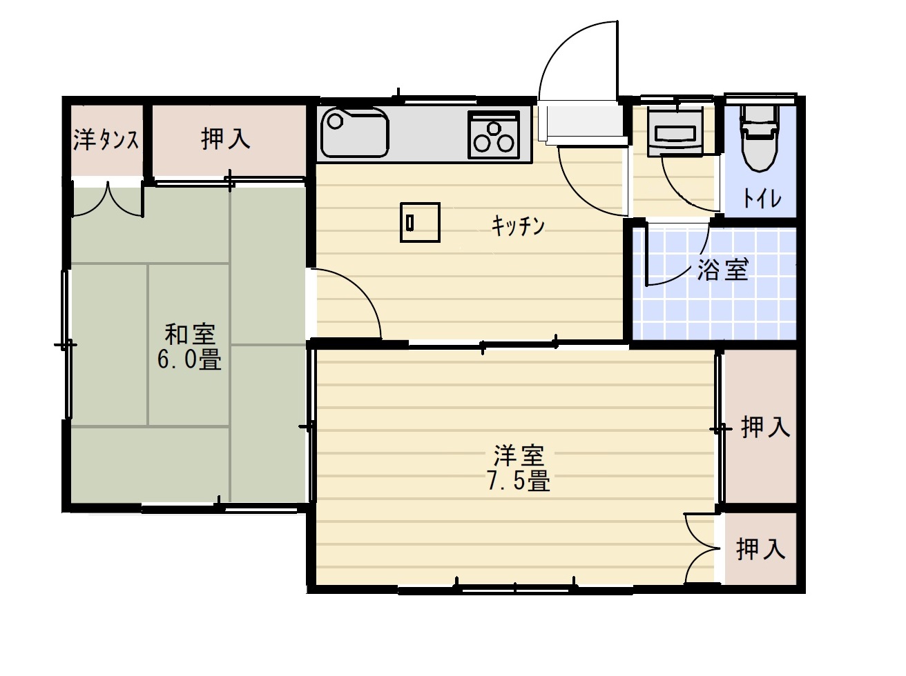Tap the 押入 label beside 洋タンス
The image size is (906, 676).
225,139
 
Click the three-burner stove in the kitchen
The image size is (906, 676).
493,135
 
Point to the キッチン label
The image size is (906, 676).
518,225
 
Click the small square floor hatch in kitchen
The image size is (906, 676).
420,222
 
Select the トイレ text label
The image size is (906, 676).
762,199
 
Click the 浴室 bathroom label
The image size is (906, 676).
722,270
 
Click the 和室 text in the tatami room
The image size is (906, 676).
190,335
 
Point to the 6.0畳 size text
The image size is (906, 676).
189,360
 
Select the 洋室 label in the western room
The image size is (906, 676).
519,455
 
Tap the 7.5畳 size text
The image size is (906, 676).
519,481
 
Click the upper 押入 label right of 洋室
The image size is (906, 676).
765,428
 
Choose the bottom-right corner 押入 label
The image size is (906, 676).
761,550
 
